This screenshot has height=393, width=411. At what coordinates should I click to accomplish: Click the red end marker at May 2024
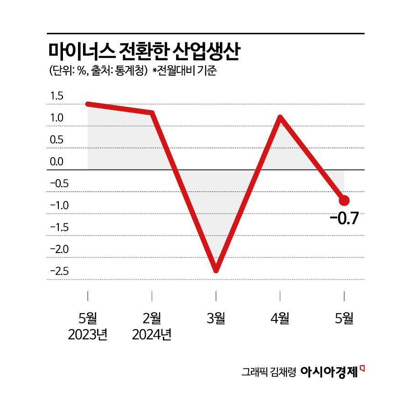tap(344, 200)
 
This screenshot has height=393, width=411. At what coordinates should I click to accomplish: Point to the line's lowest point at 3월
tap(216, 270)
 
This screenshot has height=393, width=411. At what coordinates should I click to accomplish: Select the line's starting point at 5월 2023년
tap(88, 104)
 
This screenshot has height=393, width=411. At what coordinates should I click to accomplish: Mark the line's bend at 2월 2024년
tap(152, 112)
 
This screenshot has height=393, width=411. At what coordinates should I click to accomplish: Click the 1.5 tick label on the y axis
tap(57, 96)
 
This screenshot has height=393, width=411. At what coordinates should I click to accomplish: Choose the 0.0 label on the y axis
tap(57, 162)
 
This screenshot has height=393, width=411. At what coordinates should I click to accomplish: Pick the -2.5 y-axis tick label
tap(59, 272)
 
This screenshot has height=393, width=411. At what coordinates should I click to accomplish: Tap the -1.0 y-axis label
tap(59, 206)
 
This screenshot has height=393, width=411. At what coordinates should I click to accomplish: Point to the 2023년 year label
tap(88, 336)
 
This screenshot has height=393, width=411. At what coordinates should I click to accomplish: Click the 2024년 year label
tap(152, 336)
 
